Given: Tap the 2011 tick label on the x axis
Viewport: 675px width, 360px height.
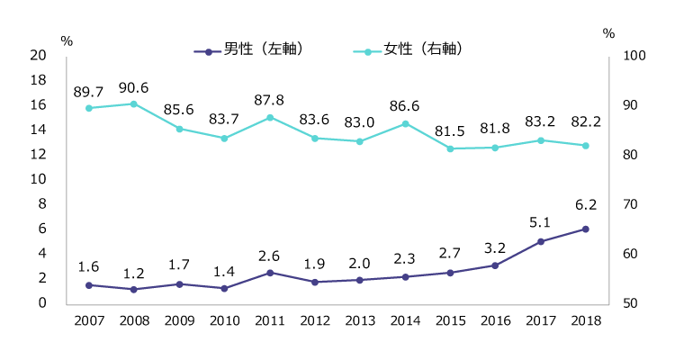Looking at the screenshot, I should tap(269, 320).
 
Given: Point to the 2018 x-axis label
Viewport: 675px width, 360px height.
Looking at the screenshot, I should tap(586, 320).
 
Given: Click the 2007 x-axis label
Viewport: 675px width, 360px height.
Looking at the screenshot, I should tap(88, 320).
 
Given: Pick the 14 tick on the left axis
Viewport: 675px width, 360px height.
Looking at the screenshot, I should tap(38, 130).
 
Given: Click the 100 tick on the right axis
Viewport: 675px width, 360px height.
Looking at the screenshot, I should tap(622, 56).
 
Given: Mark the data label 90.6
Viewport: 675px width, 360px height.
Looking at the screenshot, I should tap(134, 87).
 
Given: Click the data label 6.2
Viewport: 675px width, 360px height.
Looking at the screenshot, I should tap(586, 205).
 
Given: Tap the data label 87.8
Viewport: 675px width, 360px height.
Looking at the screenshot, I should tap(269, 100).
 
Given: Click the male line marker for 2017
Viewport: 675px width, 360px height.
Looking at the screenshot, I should tap(541, 241).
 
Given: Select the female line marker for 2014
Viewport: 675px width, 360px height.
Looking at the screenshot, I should tap(405, 123).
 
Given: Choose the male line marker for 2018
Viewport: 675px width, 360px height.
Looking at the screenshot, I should tap(586, 229).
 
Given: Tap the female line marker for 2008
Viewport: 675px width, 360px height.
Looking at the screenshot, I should tap(134, 103).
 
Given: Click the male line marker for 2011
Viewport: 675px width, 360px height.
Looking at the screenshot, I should tap(269, 272).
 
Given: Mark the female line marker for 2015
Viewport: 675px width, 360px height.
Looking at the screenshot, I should tap(450, 148).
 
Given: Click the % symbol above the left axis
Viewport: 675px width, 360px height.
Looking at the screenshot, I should tap(65, 40).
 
